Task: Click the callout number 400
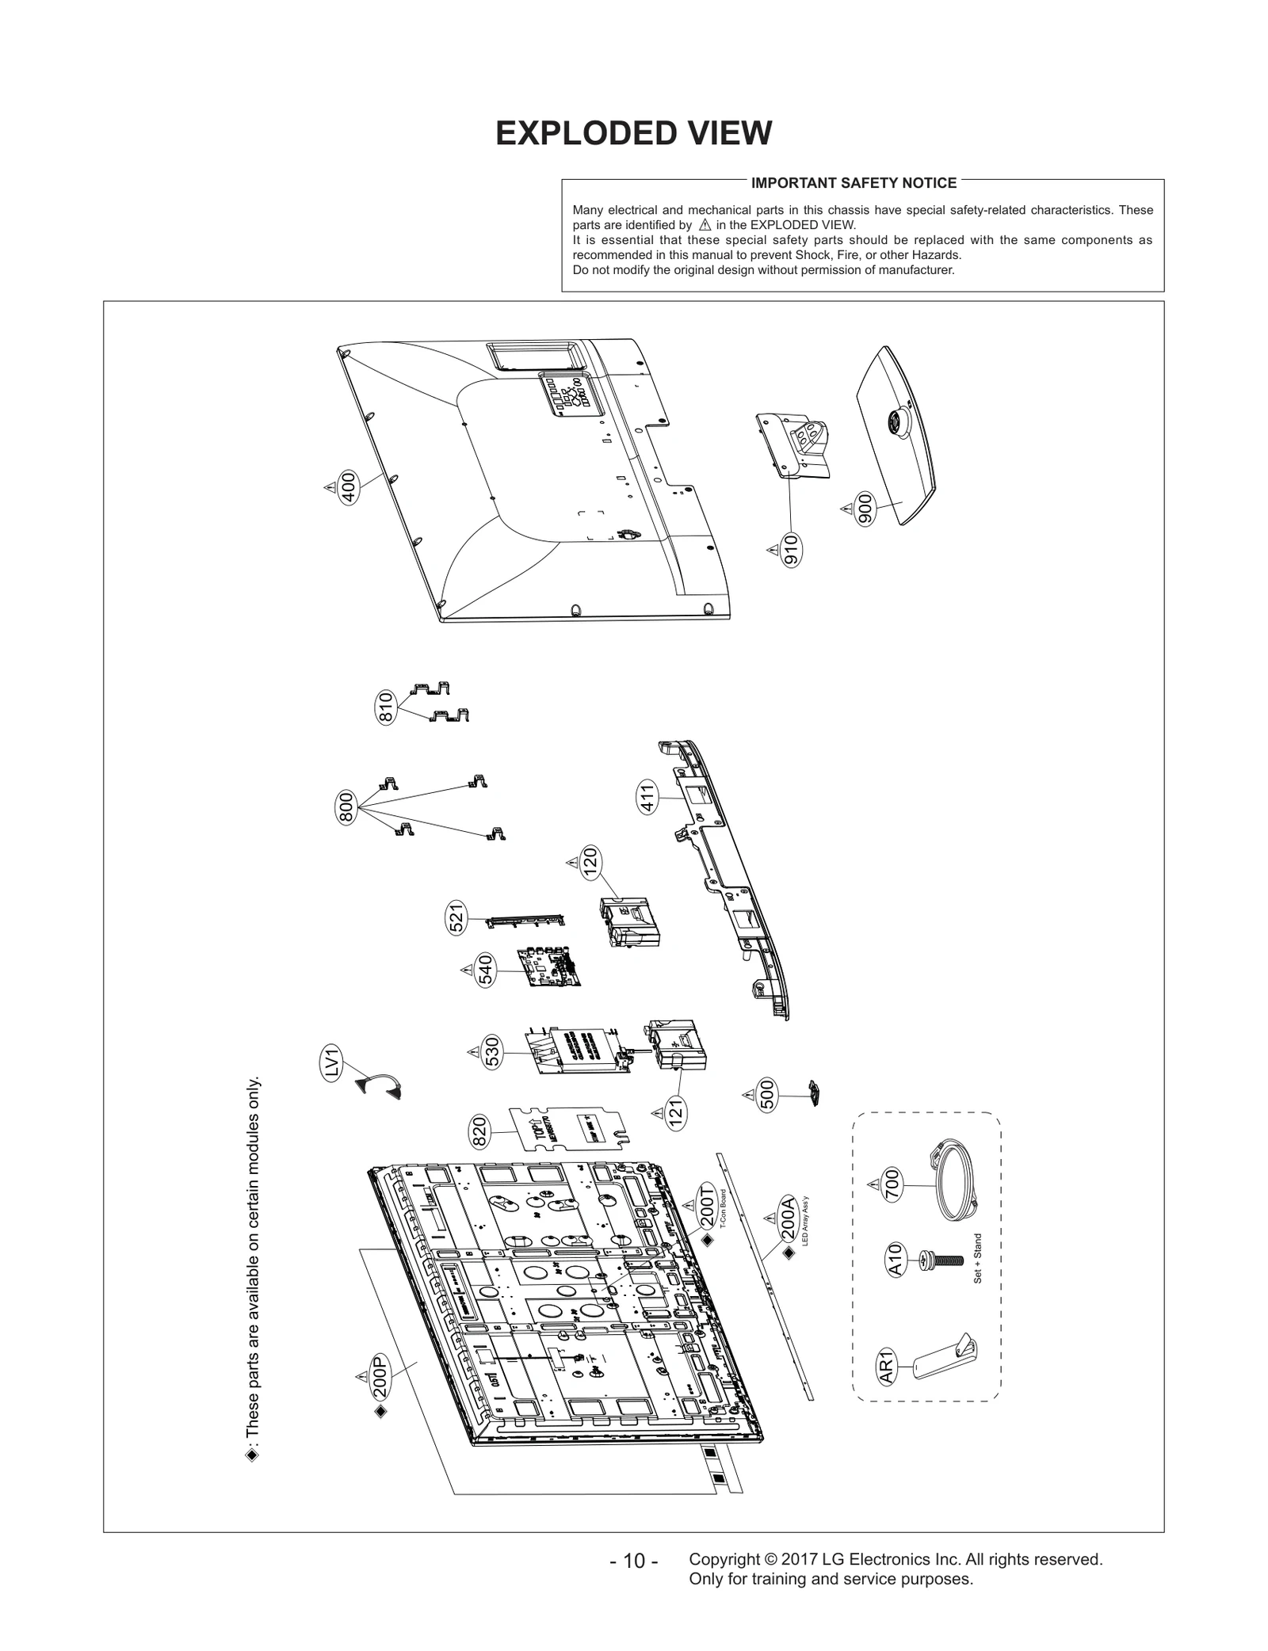(x=347, y=487)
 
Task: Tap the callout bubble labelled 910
(x=790, y=550)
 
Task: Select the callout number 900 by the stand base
(x=865, y=509)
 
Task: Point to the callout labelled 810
(x=385, y=707)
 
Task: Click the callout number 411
(x=647, y=798)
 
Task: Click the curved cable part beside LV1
(x=378, y=1083)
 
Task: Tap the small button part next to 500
(x=813, y=1093)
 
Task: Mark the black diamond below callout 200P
(x=380, y=1411)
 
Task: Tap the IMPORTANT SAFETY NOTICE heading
(x=854, y=183)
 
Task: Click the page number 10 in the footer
(x=633, y=1582)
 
